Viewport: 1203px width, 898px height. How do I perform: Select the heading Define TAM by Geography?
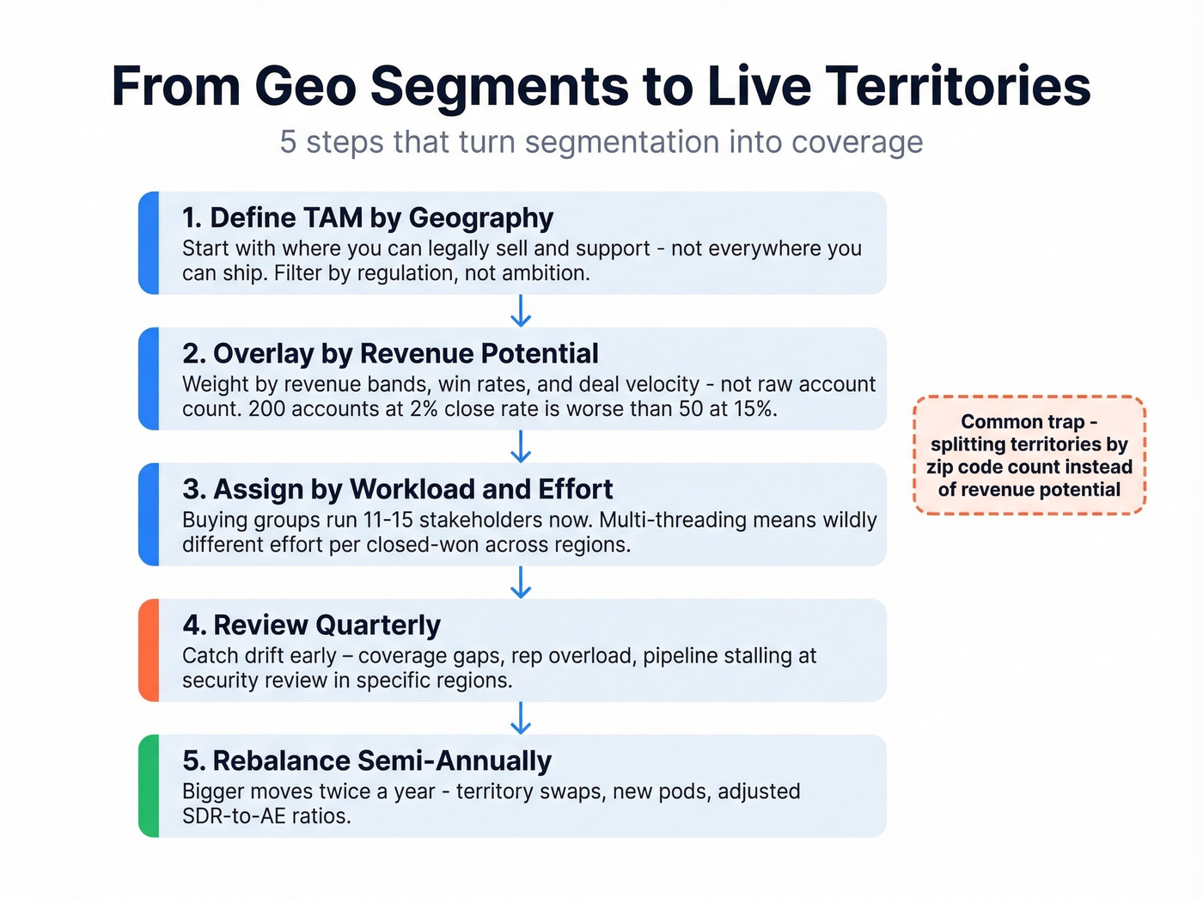coord(368,218)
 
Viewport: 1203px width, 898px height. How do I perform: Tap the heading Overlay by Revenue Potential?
coord(390,353)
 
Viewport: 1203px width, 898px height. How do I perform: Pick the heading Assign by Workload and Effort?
coord(397,489)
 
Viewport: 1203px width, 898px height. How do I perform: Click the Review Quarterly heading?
coord(311,625)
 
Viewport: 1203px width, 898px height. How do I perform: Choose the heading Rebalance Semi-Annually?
coord(367,761)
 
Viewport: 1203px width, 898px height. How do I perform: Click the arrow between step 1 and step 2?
coord(521,311)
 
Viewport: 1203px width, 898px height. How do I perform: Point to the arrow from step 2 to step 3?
coord(521,447)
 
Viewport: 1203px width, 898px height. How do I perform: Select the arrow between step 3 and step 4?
coord(521,583)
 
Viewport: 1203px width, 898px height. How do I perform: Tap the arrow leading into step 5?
coord(521,718)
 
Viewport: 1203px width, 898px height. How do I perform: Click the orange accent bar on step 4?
coord(149,651)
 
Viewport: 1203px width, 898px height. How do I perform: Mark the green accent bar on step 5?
coord(149,786)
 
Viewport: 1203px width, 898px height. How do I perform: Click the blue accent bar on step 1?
coord(149,243)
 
